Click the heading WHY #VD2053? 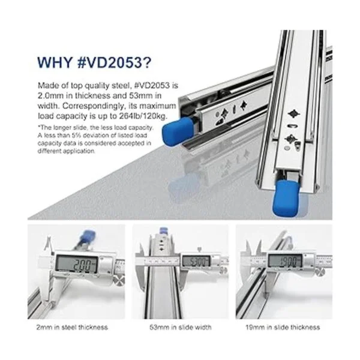pyautogui.click(x=94, y=62)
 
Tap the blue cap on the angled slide pyautogui.click(x=178, y=130)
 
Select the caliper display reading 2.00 pyautogui.click(x=77, y=263)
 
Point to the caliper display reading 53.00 pyautogui.click(x=196, y=261)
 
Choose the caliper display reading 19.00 pyautogui.click(x=286, y=260)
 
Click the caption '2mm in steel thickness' pyautogui.click(x=72, y=327)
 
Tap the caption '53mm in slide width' pyautogui.click(x=181, y=327)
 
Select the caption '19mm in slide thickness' pyautogui.click(x=283, y=327)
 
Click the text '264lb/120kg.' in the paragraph pyautogui.click(x=143, y=116)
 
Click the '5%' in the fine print pyautogui.click(x=77, y=136)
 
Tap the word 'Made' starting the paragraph pyautogui.click(x=47, y=85)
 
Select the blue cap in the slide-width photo pyautogui.click(x=163, y=230)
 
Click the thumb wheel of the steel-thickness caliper pyautogui.click(x=119, y=281)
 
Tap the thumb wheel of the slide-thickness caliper pyautogui.click(x=320, y=272)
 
